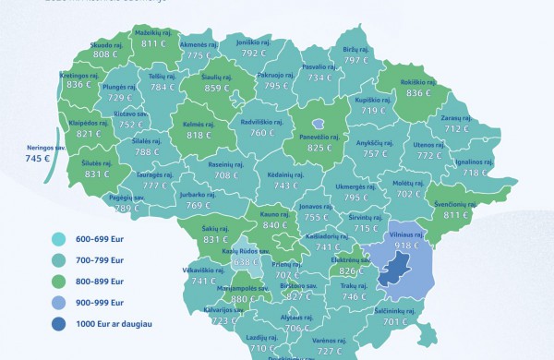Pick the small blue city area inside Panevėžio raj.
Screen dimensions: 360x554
click(x=319, y=123)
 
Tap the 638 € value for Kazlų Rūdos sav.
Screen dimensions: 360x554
click(x=219, y=261)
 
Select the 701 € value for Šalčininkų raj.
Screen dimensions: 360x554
click(x=396, y=322)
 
